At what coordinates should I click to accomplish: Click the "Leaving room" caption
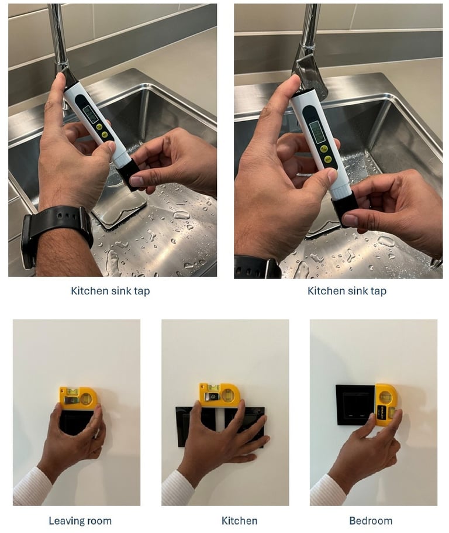click(x=80, y=521)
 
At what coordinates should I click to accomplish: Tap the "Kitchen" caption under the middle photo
click(x=240, y=521)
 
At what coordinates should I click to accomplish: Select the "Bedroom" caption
click(x=371, y=521)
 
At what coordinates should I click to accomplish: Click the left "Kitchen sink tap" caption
click(x=110, y=291)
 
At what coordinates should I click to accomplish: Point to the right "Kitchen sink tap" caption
click(x=347, y=291)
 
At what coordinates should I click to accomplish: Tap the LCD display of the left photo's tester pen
click(x=91, y=114)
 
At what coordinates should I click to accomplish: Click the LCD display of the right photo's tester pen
click(x=316, y=132)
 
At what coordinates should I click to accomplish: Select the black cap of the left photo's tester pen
click(x=128, y=173)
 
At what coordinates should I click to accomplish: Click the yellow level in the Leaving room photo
click(x=77, y=398)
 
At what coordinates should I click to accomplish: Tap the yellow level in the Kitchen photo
click(x=219, y=395)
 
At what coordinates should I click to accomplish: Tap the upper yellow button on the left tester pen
click(x=99, y=127)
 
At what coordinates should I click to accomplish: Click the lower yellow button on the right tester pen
click(x=328, y=159)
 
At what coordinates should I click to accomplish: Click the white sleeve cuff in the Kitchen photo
click(x=178, y=489)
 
